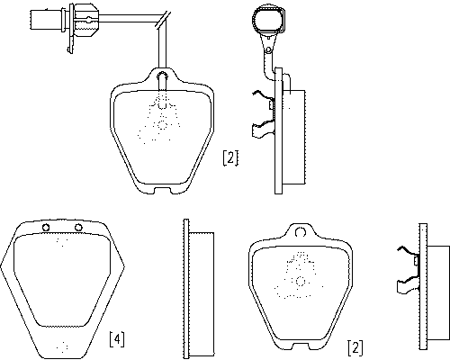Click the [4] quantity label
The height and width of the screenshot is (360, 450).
117,339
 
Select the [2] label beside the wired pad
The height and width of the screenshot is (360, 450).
230,157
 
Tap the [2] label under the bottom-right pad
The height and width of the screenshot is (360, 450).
355,347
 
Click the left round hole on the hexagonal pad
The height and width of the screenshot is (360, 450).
46,228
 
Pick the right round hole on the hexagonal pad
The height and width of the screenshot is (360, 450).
78,228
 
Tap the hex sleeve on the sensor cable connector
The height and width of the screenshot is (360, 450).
85,20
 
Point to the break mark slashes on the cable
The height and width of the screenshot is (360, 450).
163,20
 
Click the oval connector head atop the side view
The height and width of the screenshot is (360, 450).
269,19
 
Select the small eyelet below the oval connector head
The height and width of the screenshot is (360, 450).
269,49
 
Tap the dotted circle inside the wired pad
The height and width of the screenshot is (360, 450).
162,125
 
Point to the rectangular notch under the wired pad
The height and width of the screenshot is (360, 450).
162,191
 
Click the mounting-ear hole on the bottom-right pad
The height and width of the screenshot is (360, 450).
300,232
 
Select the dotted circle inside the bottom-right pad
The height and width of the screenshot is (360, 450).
300,281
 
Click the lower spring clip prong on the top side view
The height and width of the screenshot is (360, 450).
263,129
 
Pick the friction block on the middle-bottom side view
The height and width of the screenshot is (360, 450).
202,294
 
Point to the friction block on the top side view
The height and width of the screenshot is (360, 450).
294,137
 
